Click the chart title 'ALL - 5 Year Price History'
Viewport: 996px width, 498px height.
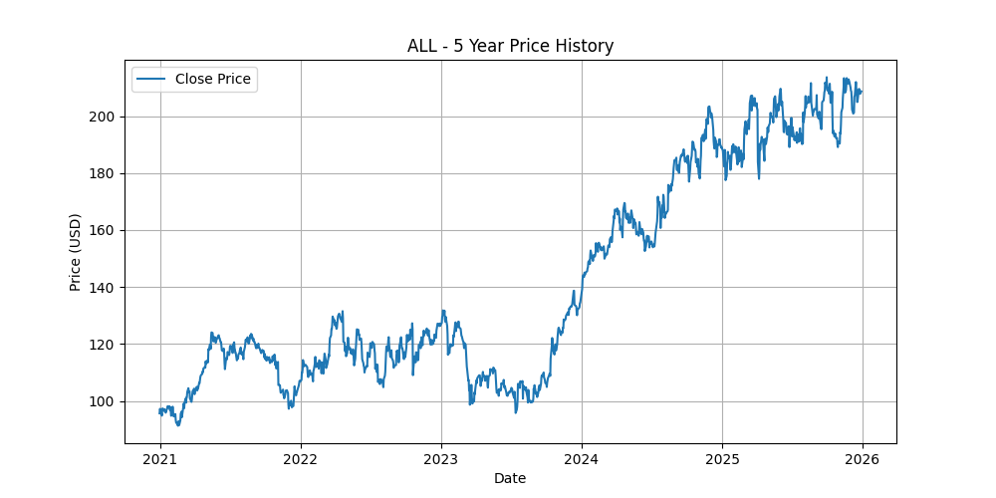510,46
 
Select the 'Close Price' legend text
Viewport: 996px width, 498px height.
213,79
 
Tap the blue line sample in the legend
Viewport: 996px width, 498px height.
151,79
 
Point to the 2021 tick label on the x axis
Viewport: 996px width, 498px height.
160,459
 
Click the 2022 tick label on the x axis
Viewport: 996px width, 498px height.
301,459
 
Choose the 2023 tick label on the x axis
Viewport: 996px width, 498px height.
441,459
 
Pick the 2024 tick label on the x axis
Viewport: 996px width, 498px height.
582,459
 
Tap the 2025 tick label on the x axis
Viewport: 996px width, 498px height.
722,459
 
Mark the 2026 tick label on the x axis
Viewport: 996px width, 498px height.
863,459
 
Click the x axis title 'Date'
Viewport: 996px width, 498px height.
510,478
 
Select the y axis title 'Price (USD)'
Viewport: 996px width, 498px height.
76,252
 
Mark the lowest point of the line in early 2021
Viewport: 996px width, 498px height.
177,425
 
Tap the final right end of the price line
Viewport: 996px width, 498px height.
862,92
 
